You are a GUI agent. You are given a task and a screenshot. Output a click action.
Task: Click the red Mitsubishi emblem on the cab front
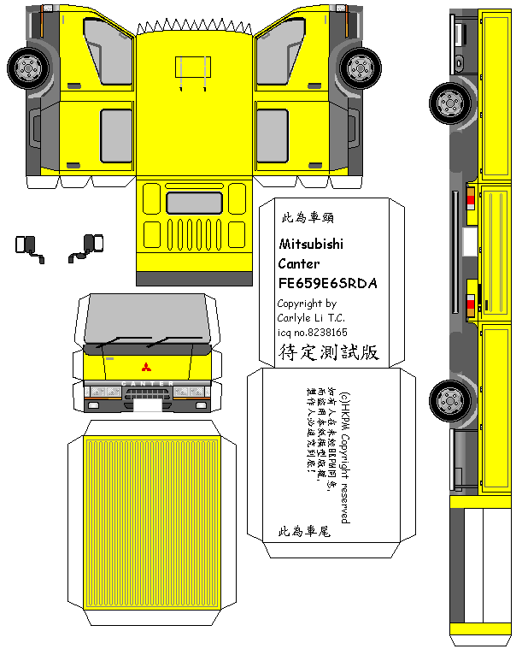coord(146,368)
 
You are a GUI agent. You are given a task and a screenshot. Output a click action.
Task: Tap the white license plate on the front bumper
coord(147,405)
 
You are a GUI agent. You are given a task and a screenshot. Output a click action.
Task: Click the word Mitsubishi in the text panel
coord(311,245)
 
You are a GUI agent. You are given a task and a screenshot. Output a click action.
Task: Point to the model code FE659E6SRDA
coord(327,283)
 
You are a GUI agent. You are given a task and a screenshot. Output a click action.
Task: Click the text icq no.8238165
coord(312,332)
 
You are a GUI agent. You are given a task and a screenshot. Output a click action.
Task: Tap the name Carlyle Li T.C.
coord(311,318)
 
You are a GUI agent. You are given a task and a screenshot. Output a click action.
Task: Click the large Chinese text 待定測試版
coord(328,352)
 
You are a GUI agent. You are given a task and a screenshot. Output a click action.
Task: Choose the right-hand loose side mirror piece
coord(90,245)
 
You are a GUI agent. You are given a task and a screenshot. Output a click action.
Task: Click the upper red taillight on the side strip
coord(471,199)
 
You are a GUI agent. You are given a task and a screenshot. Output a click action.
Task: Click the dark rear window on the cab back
coord(195,203)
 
